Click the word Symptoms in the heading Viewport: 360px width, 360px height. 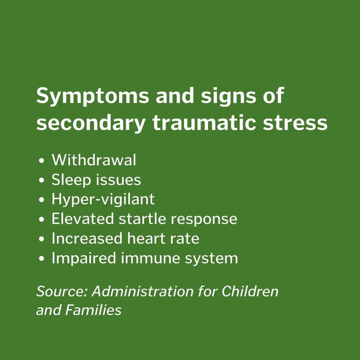point(93,96)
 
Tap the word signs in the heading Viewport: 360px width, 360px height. point(228,96)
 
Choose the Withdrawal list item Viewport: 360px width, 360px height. point(94,160)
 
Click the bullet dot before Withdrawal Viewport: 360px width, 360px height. point(42,161)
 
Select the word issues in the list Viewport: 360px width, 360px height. point(118,180)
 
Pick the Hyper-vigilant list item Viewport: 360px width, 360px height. point(103,200)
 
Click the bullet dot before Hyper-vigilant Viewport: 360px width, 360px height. point(42,200)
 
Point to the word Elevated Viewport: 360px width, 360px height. point(83,219)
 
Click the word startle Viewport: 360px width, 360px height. point(142,219)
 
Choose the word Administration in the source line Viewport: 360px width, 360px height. point(143,291)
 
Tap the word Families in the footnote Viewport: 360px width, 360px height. point(93,310)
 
